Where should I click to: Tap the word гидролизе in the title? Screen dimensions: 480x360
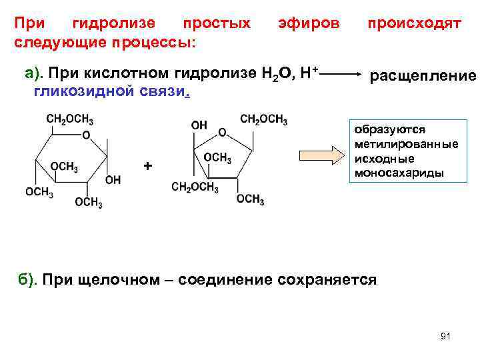[x=113, y=24]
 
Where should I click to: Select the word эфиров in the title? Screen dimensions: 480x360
[x=309, y=24]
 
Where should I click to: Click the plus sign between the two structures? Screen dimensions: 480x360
[x=148, y=165]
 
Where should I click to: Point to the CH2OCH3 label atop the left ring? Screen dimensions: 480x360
[x=69, y=120]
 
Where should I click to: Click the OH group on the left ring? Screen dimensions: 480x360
[x=113, y=180]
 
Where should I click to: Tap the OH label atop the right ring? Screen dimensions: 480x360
[x=199, y=125]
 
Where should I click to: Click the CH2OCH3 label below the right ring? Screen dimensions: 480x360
[x=195, y=187]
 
